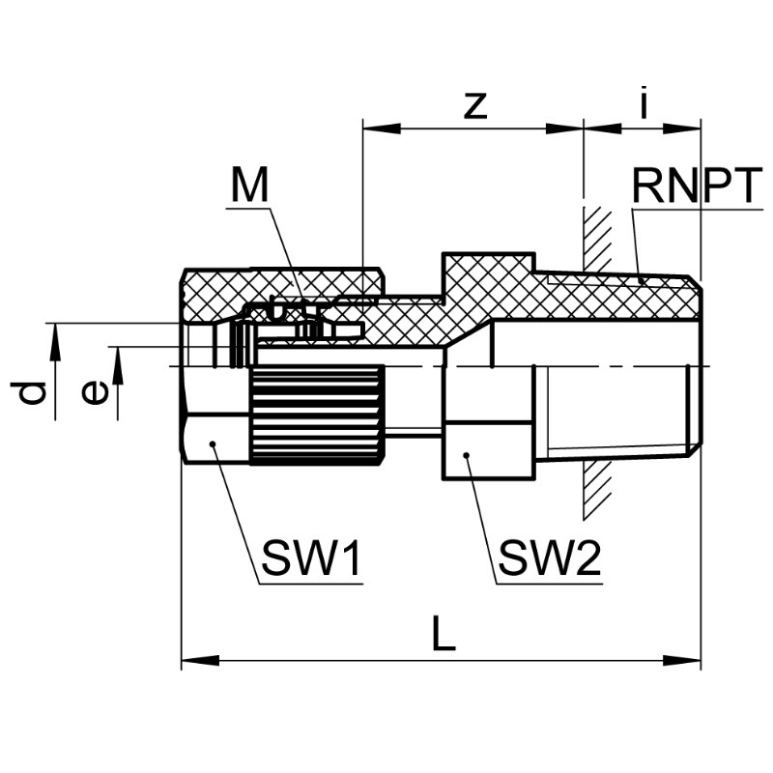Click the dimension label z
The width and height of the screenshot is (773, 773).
[472, 105]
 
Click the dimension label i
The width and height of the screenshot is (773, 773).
[644, 102]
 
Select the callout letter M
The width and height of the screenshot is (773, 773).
[249, 186]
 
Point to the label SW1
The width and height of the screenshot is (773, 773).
[311, 558]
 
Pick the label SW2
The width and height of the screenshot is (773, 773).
[549, 558]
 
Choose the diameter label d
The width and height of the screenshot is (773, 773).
[32, 392]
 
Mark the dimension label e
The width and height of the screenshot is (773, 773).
[94, 392]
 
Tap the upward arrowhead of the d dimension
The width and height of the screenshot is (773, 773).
[55, 334]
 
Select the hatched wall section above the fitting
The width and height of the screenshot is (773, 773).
[597, 237]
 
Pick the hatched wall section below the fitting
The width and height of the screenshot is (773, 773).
[597, 488]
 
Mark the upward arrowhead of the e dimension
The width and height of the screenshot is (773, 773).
[117, 359]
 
